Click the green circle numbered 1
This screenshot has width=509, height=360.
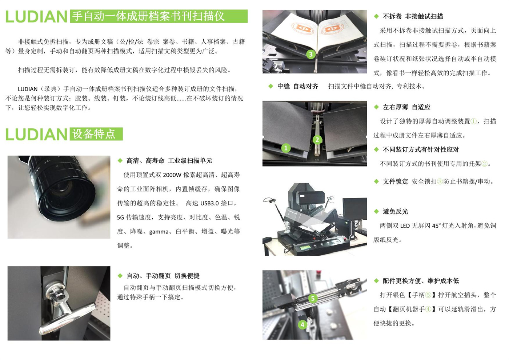pos(286,148)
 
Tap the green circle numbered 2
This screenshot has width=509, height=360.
pos(317,140)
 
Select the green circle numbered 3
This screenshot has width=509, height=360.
pos(311,54)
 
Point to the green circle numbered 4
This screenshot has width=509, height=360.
pos(302,325)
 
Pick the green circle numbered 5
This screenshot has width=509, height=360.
pos(313,299)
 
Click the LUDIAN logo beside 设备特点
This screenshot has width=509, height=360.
pos(36,134)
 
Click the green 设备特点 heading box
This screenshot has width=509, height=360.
pos(96,134)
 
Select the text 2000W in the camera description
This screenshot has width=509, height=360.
pos(172,175)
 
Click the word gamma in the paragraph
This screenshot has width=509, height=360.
pos(159,232)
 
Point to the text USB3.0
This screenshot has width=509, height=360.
pos(209,203)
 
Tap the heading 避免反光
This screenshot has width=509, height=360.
pos(395,212)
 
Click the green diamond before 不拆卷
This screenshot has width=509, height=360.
pos(376,16)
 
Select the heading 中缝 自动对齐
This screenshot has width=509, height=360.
pos(297,87)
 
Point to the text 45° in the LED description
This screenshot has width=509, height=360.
pos(436,226)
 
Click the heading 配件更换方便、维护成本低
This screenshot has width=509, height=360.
pos(421,281)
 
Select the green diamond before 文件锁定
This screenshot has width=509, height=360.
pos(376,181)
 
